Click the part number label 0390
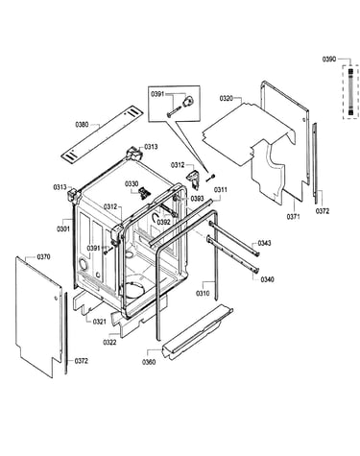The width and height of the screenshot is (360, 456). pos(329,60)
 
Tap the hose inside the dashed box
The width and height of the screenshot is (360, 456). pos(351,91)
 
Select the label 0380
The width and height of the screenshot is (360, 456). pos(82,125)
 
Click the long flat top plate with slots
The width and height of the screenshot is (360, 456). pos(102,132)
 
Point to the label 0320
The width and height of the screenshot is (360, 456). pos(227,98)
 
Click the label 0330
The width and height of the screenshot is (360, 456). pos(132,183)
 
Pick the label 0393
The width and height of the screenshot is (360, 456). pos(197,199)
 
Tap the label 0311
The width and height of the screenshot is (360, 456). pos(221,190)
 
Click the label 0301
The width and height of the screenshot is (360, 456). pos(63,228)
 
